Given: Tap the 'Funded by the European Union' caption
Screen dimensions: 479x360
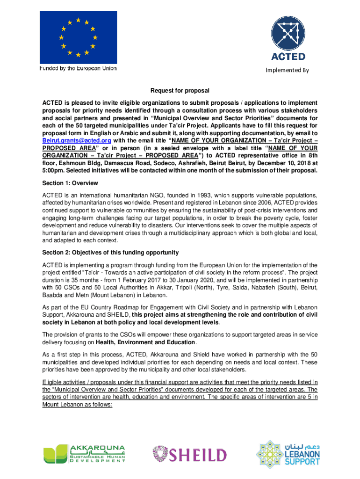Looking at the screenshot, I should click(78, 68).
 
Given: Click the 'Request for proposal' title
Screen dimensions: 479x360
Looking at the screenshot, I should click(180, 90).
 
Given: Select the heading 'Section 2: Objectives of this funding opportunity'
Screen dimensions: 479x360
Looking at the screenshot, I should click(110, 253).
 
